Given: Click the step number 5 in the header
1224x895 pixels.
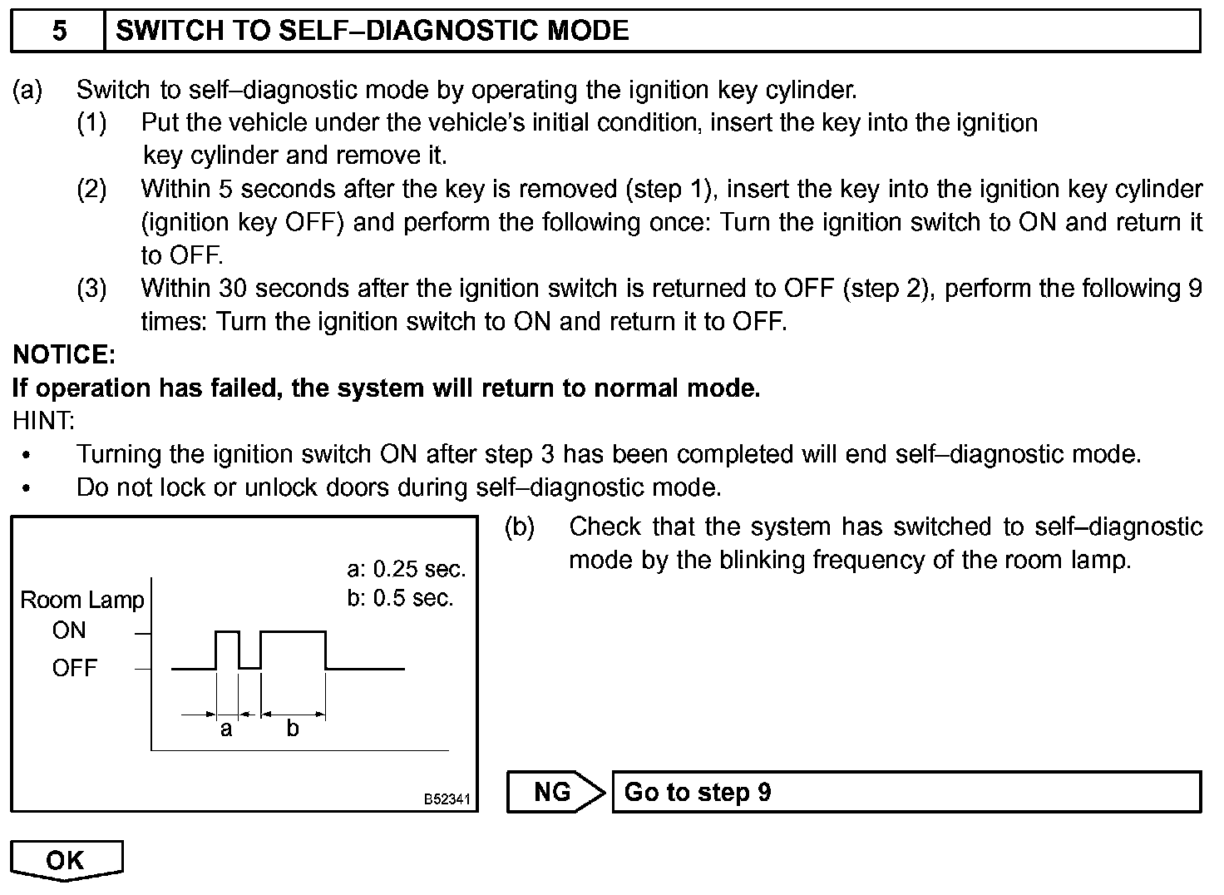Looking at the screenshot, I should (59, 32).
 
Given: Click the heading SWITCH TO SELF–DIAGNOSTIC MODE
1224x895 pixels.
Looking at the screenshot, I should (373, 32).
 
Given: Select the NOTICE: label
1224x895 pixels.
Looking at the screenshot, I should (64, 355).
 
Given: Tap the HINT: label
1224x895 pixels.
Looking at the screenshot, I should (43, 421).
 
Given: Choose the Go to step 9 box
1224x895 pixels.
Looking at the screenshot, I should (906, 792).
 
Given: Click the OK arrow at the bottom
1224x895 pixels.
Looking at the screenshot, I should (67, 860).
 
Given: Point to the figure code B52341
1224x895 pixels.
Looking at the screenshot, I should (447, 799).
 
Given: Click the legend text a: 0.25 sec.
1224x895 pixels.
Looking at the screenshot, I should (407, 570).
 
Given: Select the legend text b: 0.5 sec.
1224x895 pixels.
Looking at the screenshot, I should (400, 599).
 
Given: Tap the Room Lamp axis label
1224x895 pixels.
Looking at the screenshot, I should (81, 600).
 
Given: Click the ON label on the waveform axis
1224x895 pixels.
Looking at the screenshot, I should (69, 630).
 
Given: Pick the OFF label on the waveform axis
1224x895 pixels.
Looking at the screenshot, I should (75, 668).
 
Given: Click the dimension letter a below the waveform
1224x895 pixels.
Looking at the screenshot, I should (226, 729).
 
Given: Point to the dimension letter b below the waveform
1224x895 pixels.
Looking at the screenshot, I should (293, 729).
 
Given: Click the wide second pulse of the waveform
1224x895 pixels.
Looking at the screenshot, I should (293, 633).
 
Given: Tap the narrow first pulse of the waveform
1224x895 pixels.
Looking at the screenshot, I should (227, 633).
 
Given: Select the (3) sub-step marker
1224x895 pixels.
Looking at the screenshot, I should (91, 289).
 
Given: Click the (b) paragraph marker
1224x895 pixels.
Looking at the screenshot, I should (520, 527).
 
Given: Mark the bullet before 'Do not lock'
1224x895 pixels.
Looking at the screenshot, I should (27, 489).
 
